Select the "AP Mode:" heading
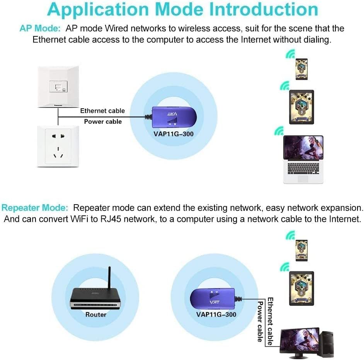click(40, 29)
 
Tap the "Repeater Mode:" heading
click(35, 208)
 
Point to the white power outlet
click(58, 146)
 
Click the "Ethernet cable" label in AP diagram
click(102, 111)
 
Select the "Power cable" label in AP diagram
click(103, 121)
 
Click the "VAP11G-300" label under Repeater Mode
click(216, 314)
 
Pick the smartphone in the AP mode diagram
click(301, 69)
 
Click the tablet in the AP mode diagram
click(301, 107)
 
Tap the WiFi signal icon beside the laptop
click(279, 131)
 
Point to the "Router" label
click(96, 314)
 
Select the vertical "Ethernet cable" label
click(270, 321)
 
